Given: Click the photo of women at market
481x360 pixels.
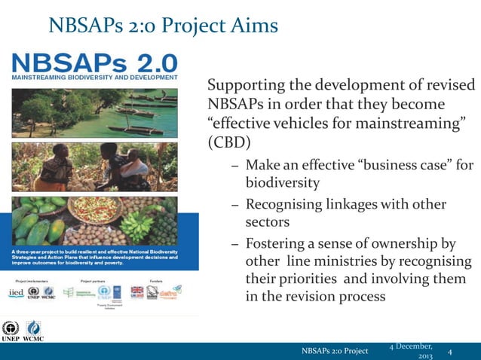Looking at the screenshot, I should point(93,167).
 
